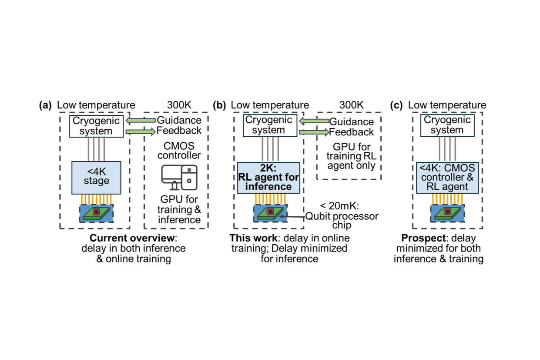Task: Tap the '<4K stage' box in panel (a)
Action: [x=96, y=176]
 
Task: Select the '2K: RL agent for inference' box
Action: [x=268, y=177]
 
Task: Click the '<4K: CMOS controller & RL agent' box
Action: [x=447, y=177]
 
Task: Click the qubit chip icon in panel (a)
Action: [x=96, y=213]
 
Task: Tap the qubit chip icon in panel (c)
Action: [x=447, y=213]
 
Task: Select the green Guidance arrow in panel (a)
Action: [x=140, y=120]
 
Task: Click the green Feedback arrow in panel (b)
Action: [x=313, y=132]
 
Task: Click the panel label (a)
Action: [x=45, y=105]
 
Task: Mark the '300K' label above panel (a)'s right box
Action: [x=179, y=105]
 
